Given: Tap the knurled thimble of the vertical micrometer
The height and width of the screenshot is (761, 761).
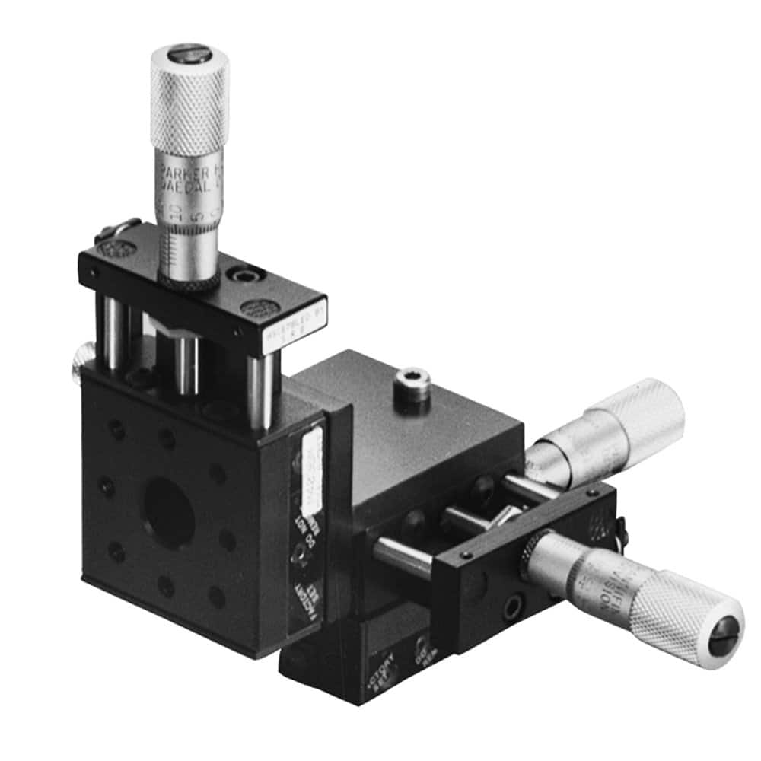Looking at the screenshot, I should pyautogui.click(x=189, y=107).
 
